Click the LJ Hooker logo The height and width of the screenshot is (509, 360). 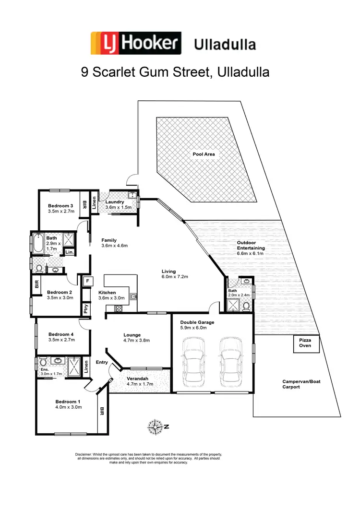(x=136, y=44)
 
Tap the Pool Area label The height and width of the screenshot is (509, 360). (x=204, y=154)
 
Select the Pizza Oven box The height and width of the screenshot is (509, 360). (x=306, y=343)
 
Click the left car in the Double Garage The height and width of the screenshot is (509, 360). (x=194, y=360)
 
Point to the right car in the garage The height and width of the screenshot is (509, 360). (x=229, y=360)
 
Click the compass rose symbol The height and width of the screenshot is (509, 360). (x=156, y=426)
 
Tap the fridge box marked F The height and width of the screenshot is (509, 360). (x=88, y=281)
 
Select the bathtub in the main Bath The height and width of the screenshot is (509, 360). (x=38, y=244)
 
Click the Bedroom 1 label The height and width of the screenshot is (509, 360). (x=68, y=402)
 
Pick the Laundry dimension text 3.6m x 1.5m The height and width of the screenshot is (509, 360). (x=115, y=208)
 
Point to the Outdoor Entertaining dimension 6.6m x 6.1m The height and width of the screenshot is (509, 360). (x=250, y=253)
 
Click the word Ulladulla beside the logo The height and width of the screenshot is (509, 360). (x=225, y=45)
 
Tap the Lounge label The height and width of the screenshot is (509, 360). (x=132, y=335)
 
